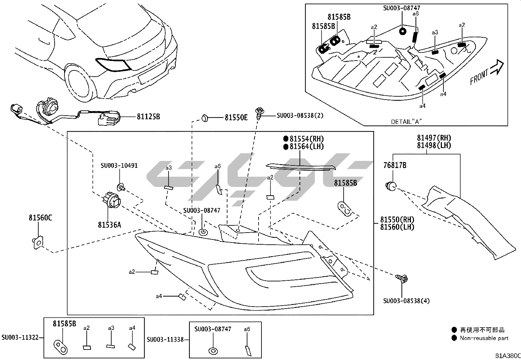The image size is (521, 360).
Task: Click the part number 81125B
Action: pyautogui.click(x=148, y=116)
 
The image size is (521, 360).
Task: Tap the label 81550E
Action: pyautogui.click(x=236, y=117)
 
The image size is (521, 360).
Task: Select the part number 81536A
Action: pyautogui.click(x=109, y=225)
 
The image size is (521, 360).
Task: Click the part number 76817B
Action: pyautogui.click(x=395, y=165)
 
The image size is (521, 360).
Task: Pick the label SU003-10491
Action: pyautogui.click(x=119, y=165)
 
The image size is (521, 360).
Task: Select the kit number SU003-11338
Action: pyautogui.click(x=165, y=340)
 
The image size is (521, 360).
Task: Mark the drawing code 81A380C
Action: pyautogui.click(x=507, y=355)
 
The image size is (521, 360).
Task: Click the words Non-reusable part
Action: pyautogui.click(x=484, y=338)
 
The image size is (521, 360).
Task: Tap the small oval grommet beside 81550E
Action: pyautogui.click(x=205, y=117)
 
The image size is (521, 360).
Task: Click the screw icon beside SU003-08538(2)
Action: pyautogui.click(x=260, y=112)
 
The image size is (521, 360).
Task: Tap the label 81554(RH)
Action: pyautogui.click(x=306, y=139)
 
